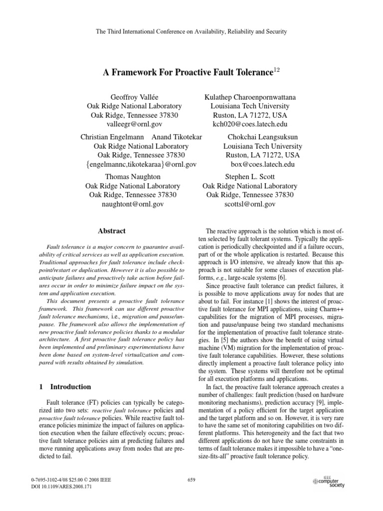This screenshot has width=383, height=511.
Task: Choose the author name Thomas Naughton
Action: tap(132, 177)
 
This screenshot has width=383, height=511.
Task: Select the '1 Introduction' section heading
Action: tap(58, 387)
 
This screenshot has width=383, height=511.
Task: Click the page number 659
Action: tap(191, 480)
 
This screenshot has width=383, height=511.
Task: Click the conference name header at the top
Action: tap(191, 32)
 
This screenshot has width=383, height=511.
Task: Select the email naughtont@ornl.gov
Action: tap(132, 204)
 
